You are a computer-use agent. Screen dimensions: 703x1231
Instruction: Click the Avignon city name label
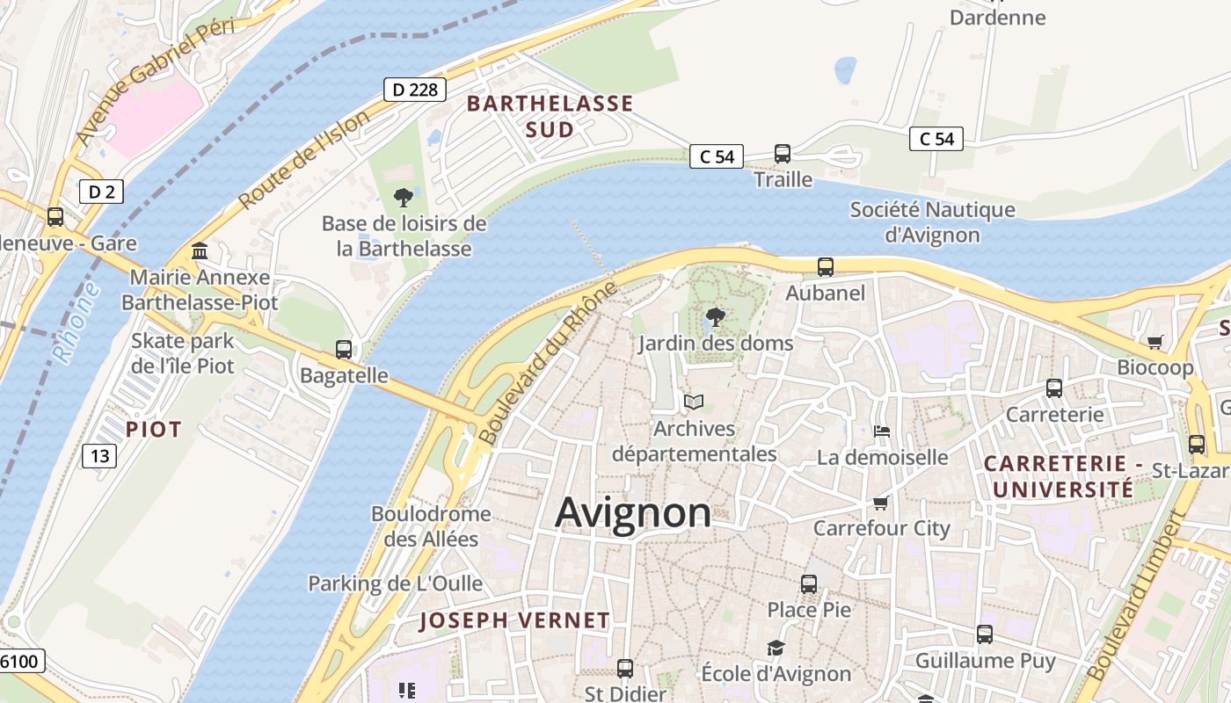point(633,511)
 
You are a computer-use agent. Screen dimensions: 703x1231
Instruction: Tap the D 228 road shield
point(415,89)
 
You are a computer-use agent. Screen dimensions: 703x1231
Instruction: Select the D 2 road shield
point(101,192)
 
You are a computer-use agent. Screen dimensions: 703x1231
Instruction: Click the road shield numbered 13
point(99,455)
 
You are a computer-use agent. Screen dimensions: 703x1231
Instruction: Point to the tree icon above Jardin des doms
point(716,317)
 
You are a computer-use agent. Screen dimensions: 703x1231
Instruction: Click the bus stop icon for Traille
point(783,154)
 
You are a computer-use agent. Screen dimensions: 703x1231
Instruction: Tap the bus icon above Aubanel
point(825,267)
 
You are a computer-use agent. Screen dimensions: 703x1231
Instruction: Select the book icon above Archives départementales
point(694,402)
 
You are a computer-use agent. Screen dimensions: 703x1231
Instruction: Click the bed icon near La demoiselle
point(882,431)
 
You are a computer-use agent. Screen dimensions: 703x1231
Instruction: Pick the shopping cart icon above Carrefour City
point(881,503)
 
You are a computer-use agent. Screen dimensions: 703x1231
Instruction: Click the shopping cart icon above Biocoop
point(1155,342)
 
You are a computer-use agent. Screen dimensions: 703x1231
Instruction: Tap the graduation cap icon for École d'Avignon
point(776,648)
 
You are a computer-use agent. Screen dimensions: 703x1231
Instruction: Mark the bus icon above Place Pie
point(809,583)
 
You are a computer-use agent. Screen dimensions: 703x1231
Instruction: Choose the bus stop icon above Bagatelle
point(344,350)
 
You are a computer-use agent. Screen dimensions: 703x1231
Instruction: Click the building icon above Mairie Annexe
point(200,252)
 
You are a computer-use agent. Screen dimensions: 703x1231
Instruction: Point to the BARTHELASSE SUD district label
point(550,116)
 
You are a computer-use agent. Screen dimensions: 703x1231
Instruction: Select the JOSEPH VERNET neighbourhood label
point(514,620)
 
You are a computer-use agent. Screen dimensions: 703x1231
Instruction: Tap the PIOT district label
point(154,429)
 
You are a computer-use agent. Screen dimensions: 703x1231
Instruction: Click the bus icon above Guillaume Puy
point(985,634)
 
